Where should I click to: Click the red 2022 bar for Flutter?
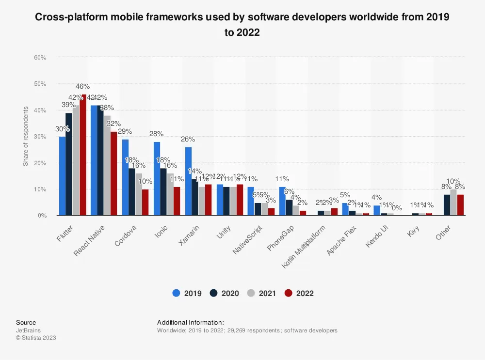tap(83, 155)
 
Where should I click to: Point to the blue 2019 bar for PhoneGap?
tap(282, 201)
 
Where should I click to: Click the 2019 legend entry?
tap(189, 293)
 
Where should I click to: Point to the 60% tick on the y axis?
tap(40, 58)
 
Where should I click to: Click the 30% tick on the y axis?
tap(40, 137)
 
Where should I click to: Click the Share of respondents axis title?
tap(25, 137)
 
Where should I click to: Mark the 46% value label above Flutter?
tap(82, 87)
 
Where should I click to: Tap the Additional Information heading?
tap(191, 322)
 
